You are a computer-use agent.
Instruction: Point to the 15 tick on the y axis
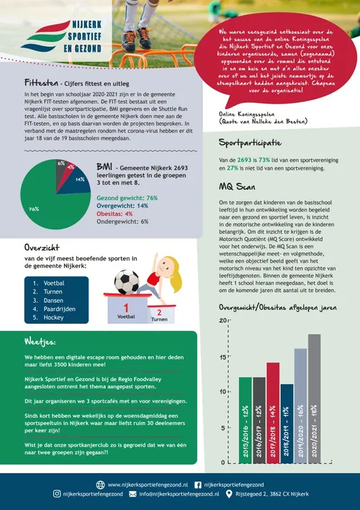220,358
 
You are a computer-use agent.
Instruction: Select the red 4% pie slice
71,168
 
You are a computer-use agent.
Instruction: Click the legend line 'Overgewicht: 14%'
122,205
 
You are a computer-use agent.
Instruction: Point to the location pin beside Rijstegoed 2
229,494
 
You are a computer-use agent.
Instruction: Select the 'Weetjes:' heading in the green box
42,340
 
